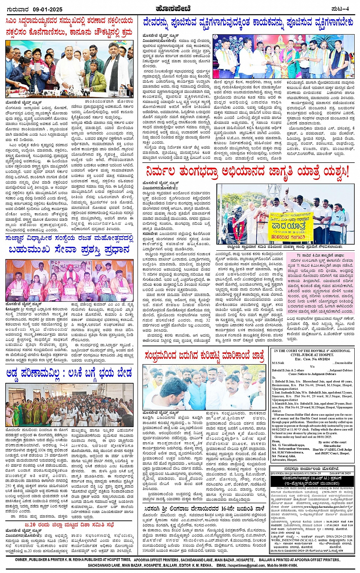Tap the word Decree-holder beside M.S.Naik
343,363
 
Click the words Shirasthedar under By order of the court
332,446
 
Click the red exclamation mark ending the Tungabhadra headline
346,172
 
